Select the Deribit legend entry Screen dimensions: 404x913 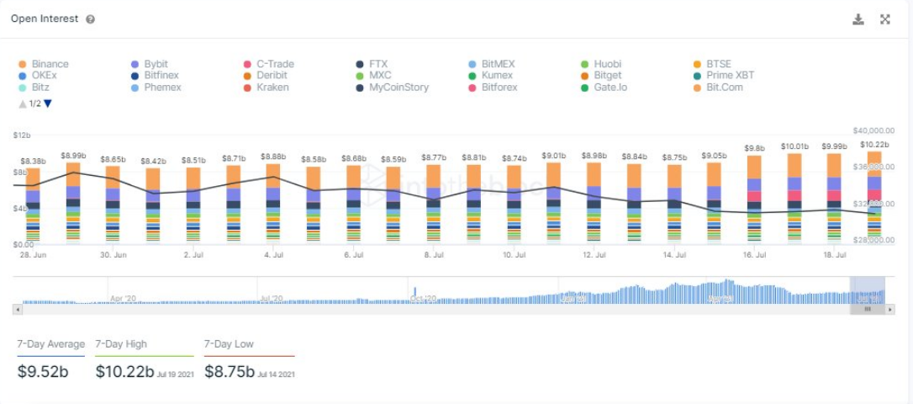pyautogui.click(x=272, y=76)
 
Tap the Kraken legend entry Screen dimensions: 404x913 pyautogui.click(x=272, y=88)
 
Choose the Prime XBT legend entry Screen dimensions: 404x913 pyautogui.click(x=730, y=76)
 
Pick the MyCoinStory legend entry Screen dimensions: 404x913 pyautogui.click(x=398, y=88)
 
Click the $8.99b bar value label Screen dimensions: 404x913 pyautogui.click(x=73, y=156)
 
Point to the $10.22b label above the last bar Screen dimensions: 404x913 pyautogui.click(x=874, y=145)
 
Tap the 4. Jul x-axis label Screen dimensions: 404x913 pyautogui.click(x=273, y=254)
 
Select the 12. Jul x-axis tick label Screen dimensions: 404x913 pyautogui.click(x=594, y=254)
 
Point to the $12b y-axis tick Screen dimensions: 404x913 pyautogui.click(x=21, y=136)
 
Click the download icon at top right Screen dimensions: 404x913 pyautogui.click(x=858, y=19)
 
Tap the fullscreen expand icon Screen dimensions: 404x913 pyautogui.click(x=885, y=19)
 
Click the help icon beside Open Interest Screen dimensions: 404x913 pyautogui.click(x=90, y=19)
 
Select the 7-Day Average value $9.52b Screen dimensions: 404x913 pyautogui.click(x=43, y=371)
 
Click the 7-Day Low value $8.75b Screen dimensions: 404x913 pyautogui.click(x=230, y=371)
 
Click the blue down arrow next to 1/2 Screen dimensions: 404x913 pyautogui.click(x=48, y=104)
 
